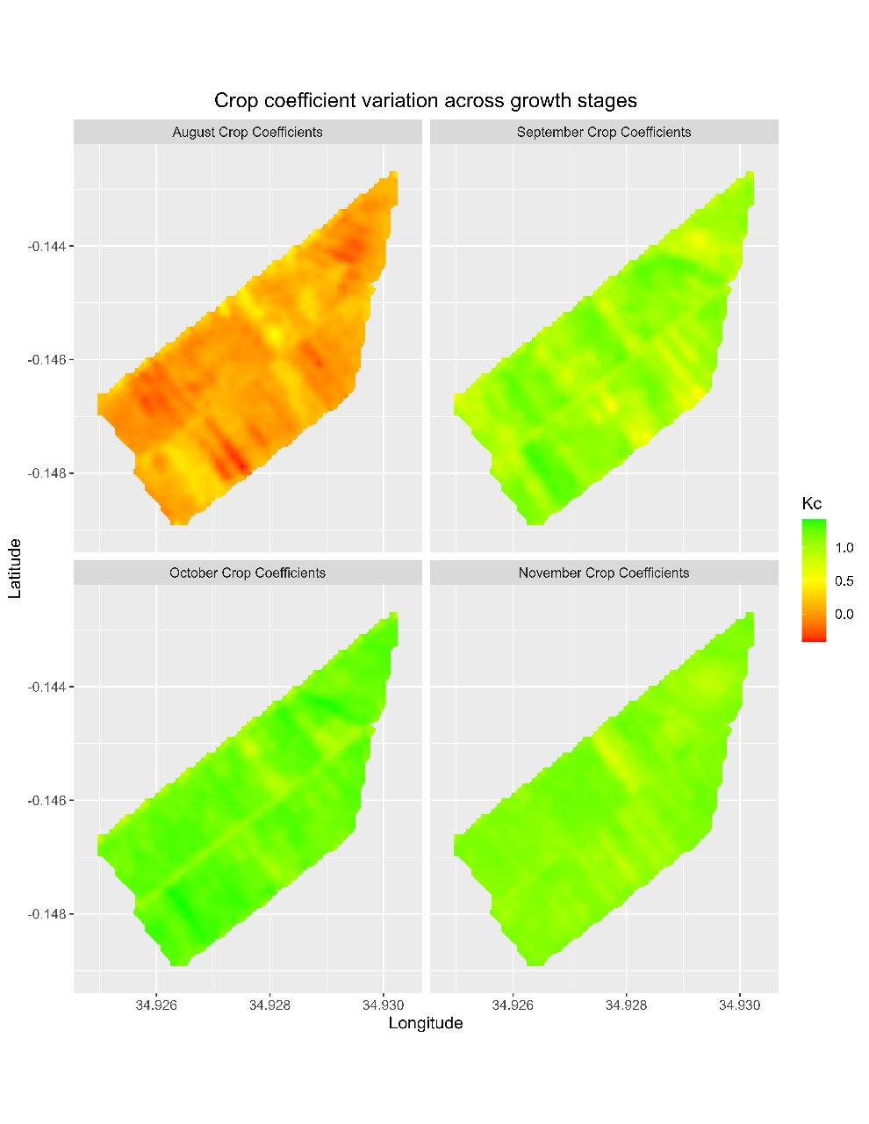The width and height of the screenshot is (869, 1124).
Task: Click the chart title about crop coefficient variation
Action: (426, 100)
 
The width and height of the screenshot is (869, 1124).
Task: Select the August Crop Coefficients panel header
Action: (248, 133)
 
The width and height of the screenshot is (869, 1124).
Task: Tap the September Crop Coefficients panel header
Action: (604, 133)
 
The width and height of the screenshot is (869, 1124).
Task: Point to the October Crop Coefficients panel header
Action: (248, 573)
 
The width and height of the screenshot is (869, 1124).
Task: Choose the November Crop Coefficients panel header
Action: (604, 573)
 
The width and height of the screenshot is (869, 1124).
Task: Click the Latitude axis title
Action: (15, 568)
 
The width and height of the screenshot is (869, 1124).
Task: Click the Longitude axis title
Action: (426, 1023)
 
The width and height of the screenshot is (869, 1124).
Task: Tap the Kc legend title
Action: (812, 504)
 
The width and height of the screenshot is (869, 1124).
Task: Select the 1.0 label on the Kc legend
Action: (844, 548)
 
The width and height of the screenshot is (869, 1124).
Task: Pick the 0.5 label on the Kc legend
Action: (844, 581)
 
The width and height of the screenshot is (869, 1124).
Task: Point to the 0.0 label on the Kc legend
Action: (844, 615)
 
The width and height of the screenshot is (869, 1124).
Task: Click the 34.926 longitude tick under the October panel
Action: (156, 1005)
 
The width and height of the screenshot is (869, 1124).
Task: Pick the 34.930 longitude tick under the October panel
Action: (383, 1005)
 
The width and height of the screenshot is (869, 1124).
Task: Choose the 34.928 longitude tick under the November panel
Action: (627, 1005)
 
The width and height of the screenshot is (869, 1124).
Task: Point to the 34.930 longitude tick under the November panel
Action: (740, 1005)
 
